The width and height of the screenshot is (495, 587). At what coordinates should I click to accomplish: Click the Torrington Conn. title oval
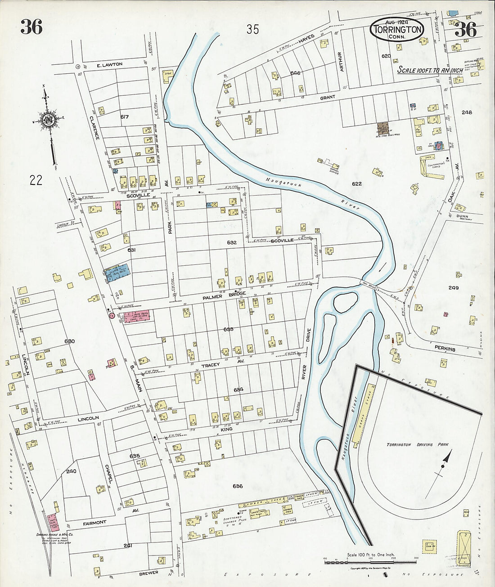(x=397, y=30)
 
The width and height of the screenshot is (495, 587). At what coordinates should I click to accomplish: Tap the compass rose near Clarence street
(x=47, y=121)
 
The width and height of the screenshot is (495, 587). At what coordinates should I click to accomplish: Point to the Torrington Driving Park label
(x=409, y=444)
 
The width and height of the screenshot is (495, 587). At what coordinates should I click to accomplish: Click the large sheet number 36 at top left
(x=31, y=27)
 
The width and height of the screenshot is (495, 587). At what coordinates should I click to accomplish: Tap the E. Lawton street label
(x=109, y=65)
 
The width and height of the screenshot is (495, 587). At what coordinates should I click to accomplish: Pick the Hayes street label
(x=306, y=43)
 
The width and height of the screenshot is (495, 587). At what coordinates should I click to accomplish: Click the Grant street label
(x=328, y=97)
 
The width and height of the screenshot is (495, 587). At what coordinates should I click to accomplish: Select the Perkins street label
(x=445, y=349)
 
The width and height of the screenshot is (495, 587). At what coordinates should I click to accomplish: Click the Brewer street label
(x=148, y=573)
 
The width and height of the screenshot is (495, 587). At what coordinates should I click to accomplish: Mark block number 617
(x=125, y=117)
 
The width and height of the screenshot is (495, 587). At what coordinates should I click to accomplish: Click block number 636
(x=238, y=486)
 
